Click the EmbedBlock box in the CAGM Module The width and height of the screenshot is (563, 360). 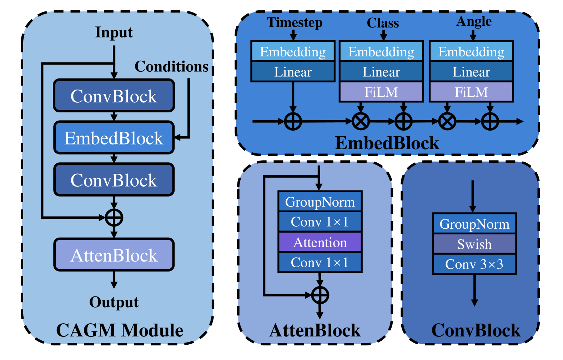click(114, 138)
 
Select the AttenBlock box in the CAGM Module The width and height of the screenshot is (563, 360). click(114, 255)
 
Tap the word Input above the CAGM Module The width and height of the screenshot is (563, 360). click(114, 32)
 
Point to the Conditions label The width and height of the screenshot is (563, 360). click(171, 67)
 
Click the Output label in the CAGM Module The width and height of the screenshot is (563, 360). click(114, 302)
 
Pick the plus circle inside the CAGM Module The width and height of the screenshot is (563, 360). click(114, 218)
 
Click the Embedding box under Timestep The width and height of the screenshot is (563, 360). click(293, 51)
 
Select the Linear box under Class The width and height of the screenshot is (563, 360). click(381, 72)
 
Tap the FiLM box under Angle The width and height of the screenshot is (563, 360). click(471, 92)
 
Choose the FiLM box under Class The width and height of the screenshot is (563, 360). click(381, 92)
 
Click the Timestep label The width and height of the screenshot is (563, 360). click(295, 22)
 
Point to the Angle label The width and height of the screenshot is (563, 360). click(474, 22)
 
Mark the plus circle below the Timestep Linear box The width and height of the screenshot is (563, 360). click(293, 121)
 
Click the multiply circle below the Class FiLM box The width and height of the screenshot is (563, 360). click(361, 121)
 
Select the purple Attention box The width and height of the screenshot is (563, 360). click(320, 242)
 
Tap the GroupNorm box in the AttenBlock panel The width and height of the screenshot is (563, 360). click(320, 202)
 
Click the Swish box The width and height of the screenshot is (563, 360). click(474, 244)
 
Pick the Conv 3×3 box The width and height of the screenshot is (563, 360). click(474, 264)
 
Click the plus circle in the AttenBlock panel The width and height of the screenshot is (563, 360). click(320, 295)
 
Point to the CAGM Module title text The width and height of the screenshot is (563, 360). click(120, 330)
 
